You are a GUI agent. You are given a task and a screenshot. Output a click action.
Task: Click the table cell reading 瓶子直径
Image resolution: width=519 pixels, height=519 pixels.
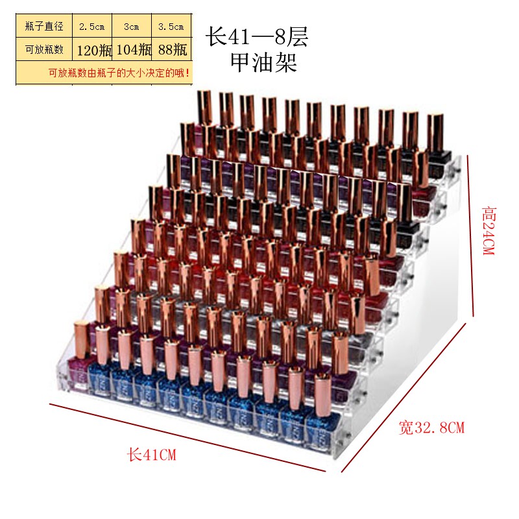pos(44,26)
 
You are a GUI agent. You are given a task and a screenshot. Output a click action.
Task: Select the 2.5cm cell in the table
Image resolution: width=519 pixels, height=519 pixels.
pos(91,27)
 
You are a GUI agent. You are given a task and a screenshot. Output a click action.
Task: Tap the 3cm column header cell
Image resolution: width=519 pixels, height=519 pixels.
pos(132,27)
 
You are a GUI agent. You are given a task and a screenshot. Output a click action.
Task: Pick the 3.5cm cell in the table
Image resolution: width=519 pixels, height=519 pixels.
pos(171,27)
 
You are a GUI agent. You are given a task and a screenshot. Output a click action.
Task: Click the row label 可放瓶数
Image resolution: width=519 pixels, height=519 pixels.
pos(44,50)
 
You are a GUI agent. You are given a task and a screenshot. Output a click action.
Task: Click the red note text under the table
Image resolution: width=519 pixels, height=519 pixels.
pos(119,73)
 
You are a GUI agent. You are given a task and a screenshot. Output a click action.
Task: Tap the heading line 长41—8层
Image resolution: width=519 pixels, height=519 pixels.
pos(257,36)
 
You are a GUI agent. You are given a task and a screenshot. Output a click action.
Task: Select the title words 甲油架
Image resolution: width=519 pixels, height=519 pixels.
pos(263,62)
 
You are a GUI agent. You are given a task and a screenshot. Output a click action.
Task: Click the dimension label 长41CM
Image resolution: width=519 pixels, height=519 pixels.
pos(152,454)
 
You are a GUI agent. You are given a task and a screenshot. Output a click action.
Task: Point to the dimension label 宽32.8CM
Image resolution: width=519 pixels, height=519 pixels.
pos(431,428)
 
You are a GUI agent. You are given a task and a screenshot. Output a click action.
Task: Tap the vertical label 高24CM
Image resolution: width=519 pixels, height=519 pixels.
pos(489,231)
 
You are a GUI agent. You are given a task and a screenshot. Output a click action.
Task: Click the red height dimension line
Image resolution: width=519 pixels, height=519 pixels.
pos(470,235)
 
